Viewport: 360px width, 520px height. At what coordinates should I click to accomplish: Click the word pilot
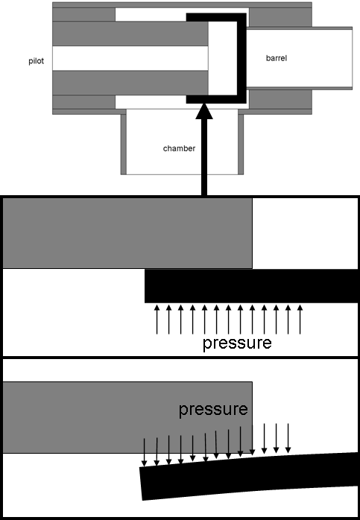click(x=36, y=62)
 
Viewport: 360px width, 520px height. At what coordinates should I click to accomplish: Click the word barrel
click(x=277, y=57)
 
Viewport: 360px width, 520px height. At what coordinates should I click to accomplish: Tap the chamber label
click(x=179, y=148)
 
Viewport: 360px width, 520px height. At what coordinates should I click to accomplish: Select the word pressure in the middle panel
click(x=237, y=344)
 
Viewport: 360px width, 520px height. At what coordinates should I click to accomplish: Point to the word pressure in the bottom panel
click(x=212, y=409)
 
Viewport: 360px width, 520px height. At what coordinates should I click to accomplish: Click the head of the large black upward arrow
click(x=204, y=112)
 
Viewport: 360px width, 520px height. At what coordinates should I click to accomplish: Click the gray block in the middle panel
click(x=127, y=232)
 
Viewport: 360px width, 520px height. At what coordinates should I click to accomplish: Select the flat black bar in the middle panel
click(x=251, y=285)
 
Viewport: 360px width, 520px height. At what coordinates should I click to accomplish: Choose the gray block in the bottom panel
click(x=127, y=417)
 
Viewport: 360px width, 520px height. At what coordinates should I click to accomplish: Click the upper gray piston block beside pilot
click(x=127, y=33)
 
